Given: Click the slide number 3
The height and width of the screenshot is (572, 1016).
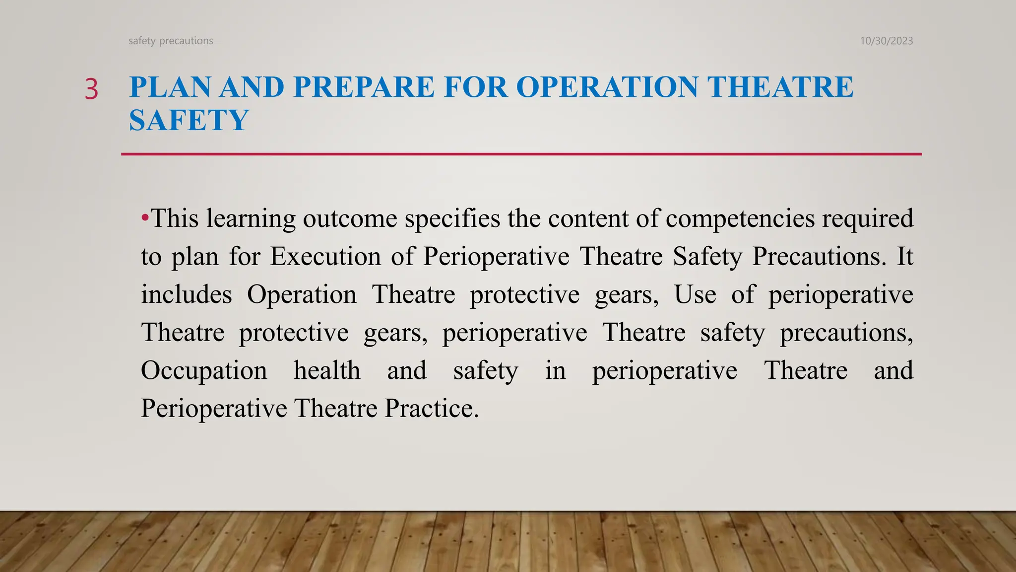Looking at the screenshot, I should click(92, 90).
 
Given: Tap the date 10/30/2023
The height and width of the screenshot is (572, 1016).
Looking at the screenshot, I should click(886, 41).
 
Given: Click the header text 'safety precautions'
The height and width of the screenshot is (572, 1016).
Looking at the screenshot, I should click(171, 41).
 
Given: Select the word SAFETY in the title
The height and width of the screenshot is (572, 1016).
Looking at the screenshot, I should click(189, 120).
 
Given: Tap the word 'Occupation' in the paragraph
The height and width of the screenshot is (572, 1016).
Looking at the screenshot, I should click(204, 370).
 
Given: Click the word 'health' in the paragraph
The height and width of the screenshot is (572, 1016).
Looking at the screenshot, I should click(327, 370).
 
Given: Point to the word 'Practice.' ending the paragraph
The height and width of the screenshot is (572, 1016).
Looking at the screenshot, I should click(432, 409).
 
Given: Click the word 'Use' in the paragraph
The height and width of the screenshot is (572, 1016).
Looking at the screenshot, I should click(695, 294).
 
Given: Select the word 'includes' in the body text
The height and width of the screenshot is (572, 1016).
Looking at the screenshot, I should click(186, 294).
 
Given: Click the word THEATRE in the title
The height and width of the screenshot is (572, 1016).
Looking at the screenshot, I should click(780, 87).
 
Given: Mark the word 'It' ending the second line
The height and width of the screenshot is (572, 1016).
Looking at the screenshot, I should click(905, 257).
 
